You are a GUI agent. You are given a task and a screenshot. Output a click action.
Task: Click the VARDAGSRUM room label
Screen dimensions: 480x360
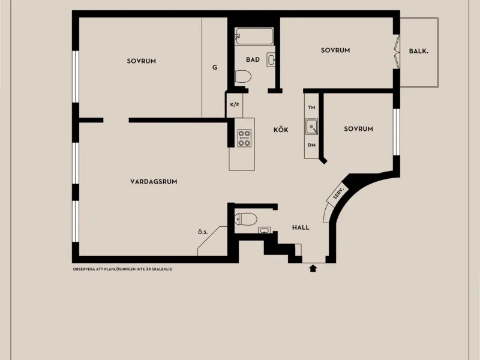154,182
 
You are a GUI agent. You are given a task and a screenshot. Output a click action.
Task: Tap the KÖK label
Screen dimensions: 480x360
281,130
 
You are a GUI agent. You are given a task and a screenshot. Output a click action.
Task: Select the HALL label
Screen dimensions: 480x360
301,227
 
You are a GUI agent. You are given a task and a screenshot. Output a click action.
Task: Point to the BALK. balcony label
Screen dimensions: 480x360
418,52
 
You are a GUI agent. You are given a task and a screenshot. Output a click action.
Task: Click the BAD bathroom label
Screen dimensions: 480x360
253,59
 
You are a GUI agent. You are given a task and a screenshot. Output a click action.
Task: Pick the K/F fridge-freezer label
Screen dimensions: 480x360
235,104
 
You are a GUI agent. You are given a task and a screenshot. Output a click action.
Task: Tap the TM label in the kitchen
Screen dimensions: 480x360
311,107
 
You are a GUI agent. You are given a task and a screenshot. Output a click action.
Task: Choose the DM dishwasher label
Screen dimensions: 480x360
311,145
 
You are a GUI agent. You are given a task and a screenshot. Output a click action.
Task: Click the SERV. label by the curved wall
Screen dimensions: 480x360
338,193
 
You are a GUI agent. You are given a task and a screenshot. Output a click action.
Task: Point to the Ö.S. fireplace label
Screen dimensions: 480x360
203,232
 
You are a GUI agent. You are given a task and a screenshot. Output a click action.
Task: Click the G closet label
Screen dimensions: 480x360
215,67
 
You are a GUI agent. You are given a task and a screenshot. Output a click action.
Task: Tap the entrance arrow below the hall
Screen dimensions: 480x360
313,268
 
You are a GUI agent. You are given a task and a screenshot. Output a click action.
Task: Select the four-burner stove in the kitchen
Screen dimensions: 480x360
245,138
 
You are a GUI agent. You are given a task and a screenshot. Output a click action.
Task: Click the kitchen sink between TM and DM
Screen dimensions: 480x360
311,127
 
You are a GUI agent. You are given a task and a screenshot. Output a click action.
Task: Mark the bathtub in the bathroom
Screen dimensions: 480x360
254,37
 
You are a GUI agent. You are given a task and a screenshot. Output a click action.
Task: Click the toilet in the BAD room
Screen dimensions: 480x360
243,77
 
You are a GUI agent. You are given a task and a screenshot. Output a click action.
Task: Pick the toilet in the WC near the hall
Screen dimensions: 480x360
246,219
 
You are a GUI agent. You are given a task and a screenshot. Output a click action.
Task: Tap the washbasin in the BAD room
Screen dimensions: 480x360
271,59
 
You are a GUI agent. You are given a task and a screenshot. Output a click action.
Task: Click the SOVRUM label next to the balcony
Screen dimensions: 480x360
335,50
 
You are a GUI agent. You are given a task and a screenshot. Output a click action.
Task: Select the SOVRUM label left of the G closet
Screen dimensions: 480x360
142,61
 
